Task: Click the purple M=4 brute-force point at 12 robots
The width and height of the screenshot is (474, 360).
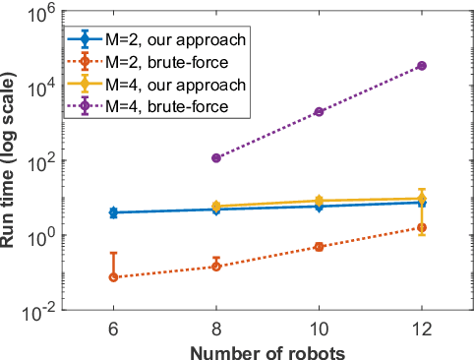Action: (422, 66)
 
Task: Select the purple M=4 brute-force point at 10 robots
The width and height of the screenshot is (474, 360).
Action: (319, 112)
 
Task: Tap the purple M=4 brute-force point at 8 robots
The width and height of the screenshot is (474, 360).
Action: (216, 157)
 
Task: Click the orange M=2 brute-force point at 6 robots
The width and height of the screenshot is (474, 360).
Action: (113, 277)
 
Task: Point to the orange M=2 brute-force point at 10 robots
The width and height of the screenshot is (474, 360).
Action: (319, 247)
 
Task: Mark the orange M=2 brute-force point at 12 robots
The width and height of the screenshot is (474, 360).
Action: (422, 228)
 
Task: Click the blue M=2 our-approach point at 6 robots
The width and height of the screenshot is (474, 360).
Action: (113, 212)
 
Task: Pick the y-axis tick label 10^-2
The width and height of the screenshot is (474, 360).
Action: (37, 313)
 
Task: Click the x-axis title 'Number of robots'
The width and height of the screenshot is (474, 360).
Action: (267, 350)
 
